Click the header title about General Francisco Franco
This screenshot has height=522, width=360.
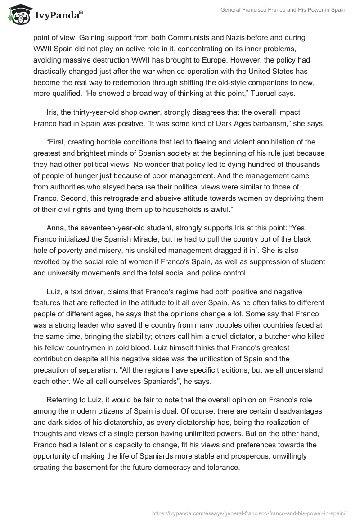point(283,10)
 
